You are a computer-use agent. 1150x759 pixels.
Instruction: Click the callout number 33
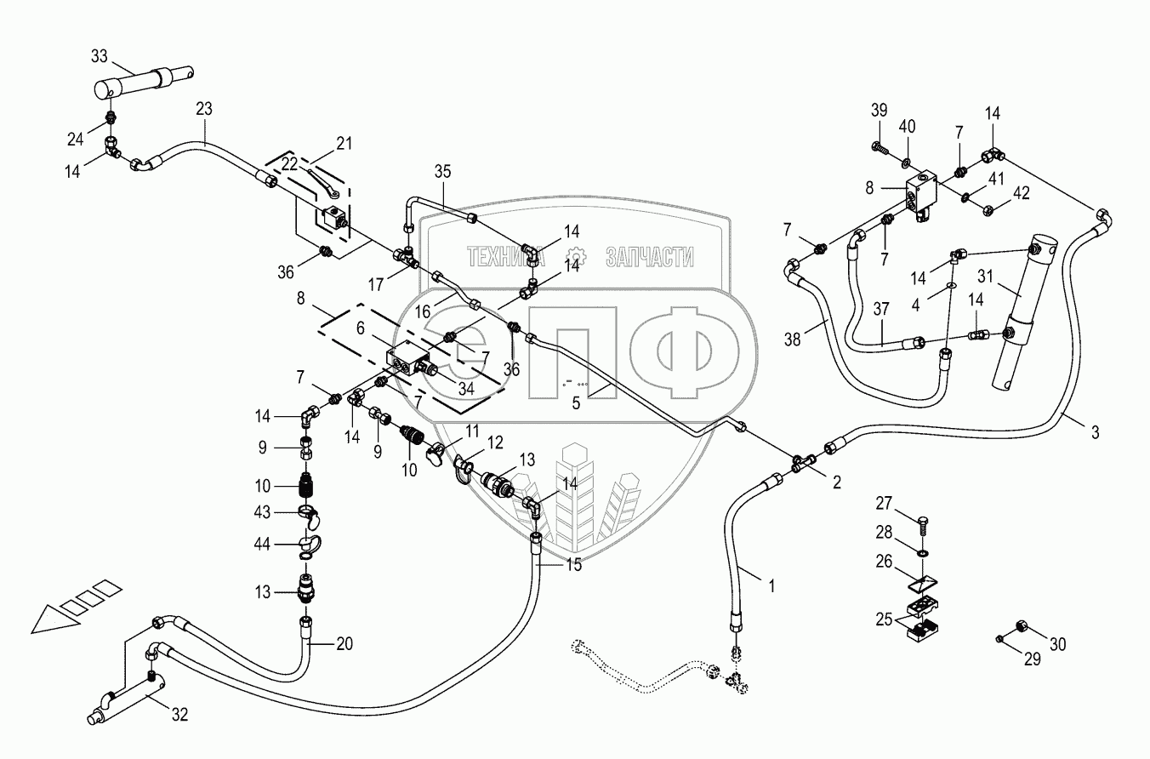100,57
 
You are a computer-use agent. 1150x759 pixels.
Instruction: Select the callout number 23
204,109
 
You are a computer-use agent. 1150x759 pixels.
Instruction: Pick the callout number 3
1096,432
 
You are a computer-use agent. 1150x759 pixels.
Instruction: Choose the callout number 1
771,585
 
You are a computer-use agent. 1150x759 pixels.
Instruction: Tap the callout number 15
574,564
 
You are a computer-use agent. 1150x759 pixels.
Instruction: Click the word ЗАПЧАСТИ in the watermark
651,257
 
